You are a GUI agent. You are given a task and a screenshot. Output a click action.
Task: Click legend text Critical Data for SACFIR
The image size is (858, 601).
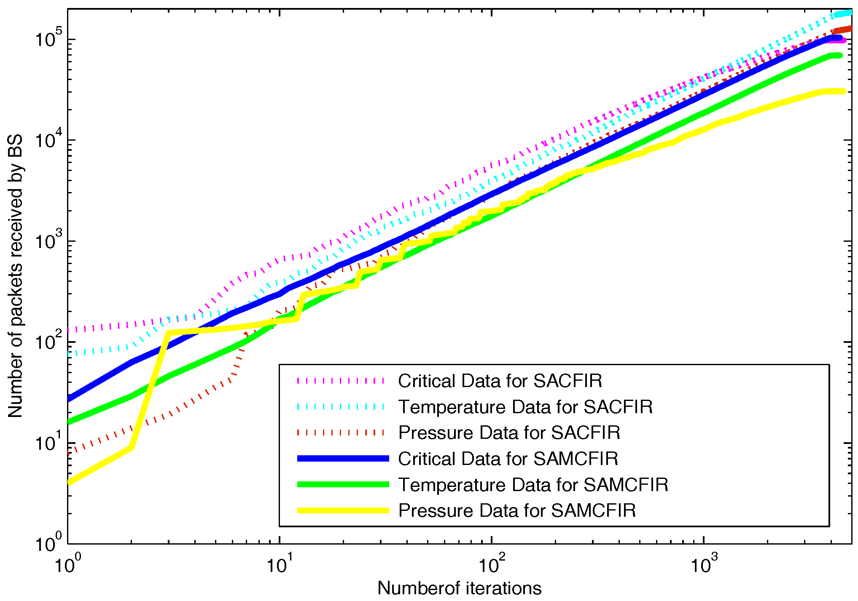click(x=500, y=381)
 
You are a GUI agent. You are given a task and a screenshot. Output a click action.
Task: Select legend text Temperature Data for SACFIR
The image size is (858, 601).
click(x=525, y=407)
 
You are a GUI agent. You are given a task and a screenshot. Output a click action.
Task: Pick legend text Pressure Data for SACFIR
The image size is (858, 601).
click(x=509, y=433)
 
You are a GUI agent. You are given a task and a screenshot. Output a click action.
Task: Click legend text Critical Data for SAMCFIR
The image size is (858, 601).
click(x=508, y=459)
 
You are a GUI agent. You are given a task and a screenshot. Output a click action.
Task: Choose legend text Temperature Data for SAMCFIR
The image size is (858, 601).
click(x=533, y=485)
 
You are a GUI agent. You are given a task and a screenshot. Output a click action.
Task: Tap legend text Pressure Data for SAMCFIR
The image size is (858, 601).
click(x=517, y=510)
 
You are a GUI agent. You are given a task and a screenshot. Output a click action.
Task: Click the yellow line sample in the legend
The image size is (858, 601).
click(x=343, y=510)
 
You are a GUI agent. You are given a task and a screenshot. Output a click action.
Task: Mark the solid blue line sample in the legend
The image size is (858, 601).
click(x=343, y=459)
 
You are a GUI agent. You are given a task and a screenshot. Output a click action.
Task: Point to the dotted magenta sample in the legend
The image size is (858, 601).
click(x=341, y=381)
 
